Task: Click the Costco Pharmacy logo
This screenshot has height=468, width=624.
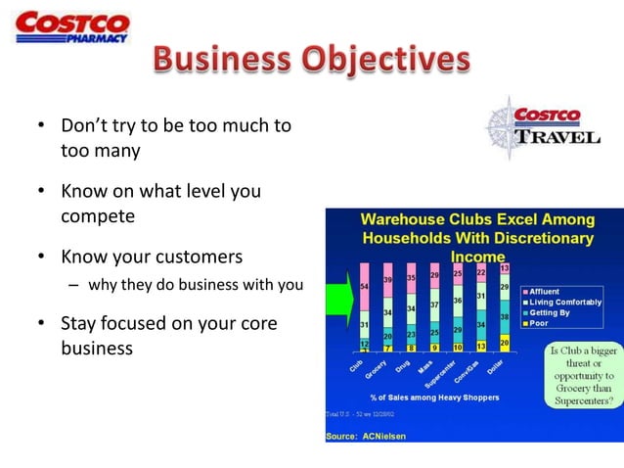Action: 72,26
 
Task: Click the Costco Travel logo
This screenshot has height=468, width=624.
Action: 542,125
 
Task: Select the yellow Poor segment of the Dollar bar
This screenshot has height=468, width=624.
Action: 504,343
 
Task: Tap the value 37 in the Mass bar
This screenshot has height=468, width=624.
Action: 434,306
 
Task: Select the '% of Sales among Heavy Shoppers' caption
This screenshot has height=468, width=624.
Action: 434,397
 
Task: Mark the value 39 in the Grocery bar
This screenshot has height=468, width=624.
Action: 387,280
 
